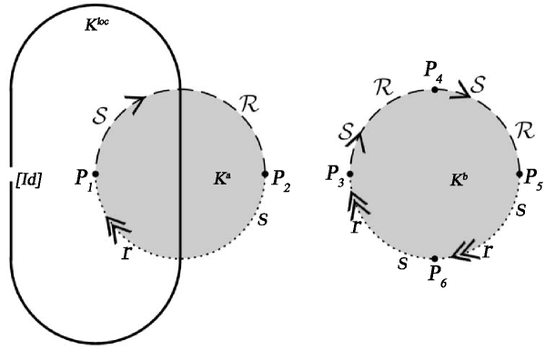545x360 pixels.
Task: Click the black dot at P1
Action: [96, 173]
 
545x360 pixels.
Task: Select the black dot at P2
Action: [265, 174]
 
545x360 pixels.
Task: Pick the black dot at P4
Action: [435, 89]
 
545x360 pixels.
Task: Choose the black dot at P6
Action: [435, 258]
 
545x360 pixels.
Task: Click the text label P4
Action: [434, 70]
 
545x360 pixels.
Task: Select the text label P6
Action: [437, 275]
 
